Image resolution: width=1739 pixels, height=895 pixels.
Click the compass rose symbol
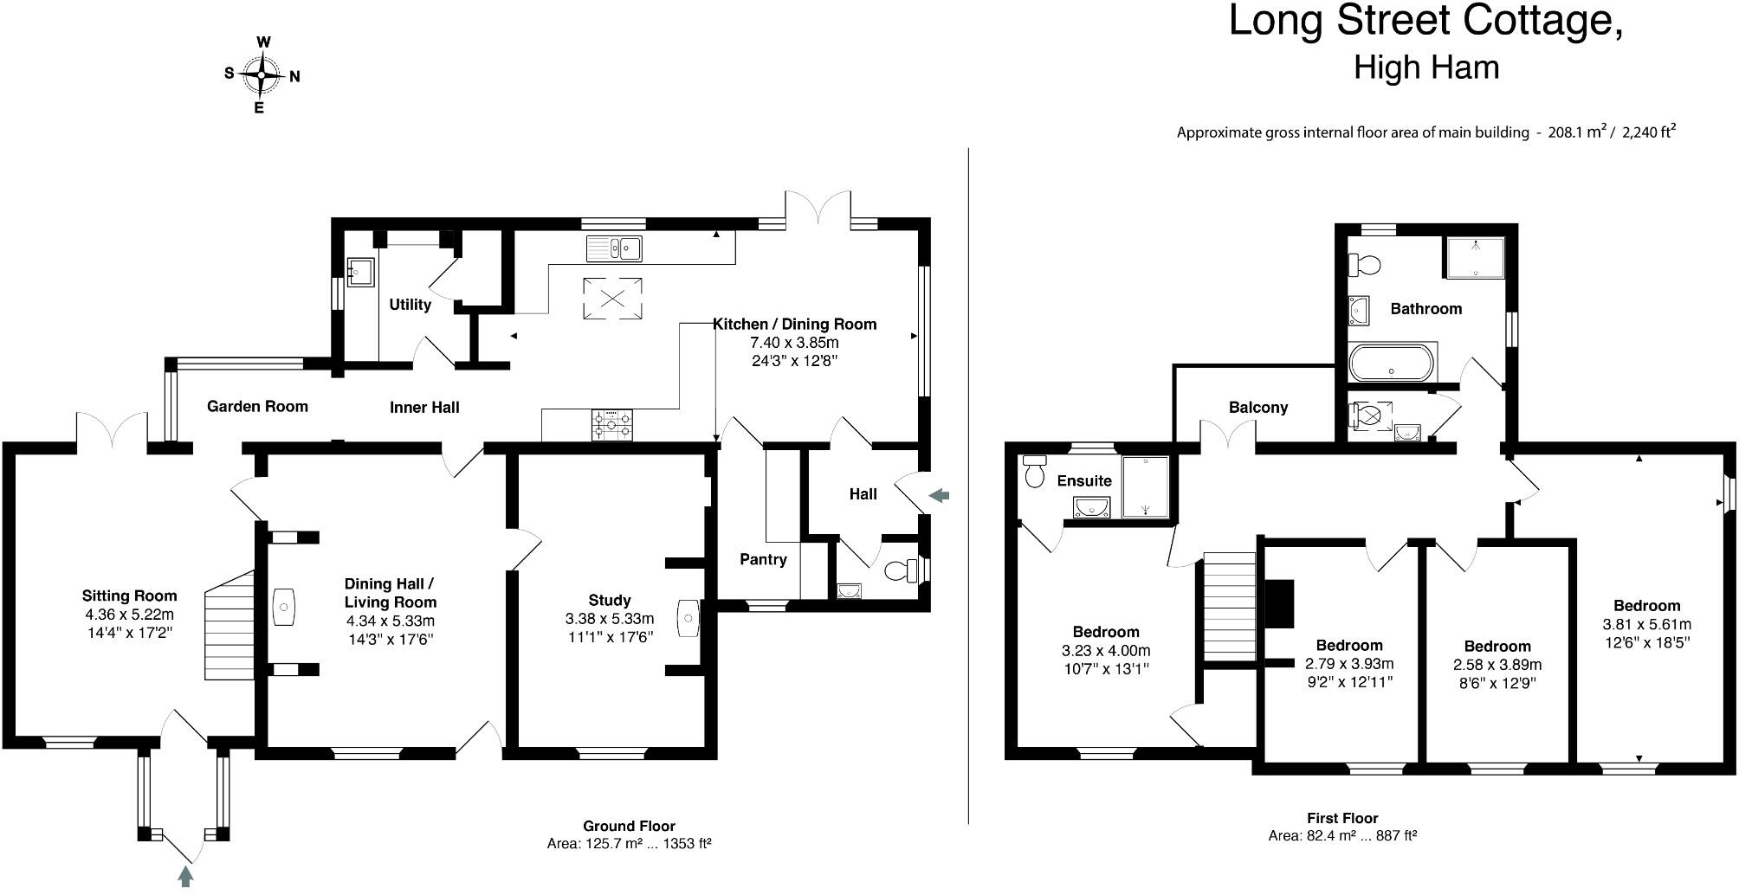(261, 74)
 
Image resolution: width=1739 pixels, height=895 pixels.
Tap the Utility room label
(410, 305)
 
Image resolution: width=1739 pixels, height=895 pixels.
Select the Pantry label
(763, 559)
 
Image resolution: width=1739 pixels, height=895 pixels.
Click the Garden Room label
(257, 406)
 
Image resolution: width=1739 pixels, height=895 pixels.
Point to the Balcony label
(1258, 408)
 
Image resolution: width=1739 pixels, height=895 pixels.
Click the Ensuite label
(1084, 480)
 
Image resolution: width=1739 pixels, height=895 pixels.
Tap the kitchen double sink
(613, 248)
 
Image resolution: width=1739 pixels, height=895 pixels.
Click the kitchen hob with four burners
(611, 425)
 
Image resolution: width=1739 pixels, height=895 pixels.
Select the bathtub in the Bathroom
(1391, 364)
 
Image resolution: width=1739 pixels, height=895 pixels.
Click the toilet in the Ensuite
(1034, 471)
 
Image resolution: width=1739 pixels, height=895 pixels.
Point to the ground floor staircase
(229, 625)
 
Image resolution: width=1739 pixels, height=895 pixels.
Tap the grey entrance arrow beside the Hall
(939, 495)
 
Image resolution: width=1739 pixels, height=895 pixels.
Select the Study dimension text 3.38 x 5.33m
(609, 619)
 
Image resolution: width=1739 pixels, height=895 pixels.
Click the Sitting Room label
(129, 596)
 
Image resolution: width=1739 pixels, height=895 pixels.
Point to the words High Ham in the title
(1425, 67)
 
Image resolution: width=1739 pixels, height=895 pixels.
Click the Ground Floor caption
(629, 826)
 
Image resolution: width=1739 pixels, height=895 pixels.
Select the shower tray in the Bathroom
(1474, 257)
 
